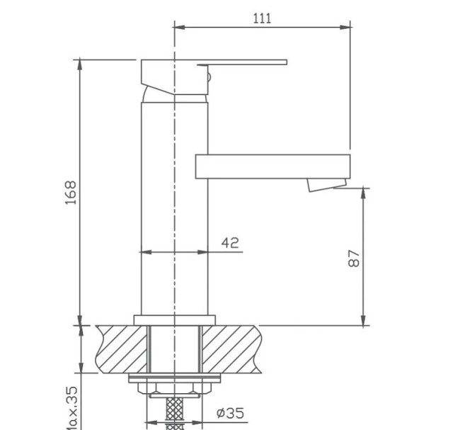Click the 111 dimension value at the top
pos(263,18)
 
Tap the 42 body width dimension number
pos(230,242)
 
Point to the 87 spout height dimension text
pos(355,258)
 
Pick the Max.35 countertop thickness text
pos(71,407)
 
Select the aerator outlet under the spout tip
pos(320,186)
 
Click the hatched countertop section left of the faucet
pos(120,349)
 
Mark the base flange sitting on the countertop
pos(173,319)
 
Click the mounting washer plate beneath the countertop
pos(173,378)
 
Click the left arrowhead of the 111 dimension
pos(179,28)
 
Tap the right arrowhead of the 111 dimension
pos(346,28)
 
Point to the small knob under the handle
pos(208,76)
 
